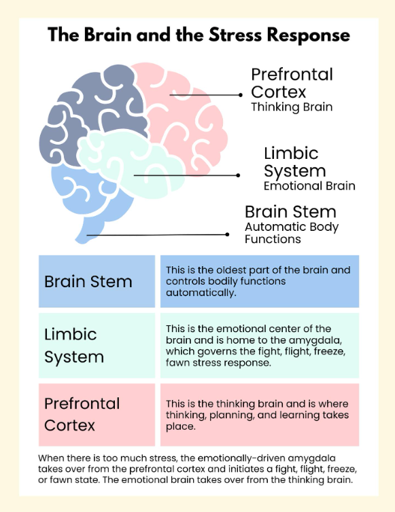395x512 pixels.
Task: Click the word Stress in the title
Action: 235,35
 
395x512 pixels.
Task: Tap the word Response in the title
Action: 309,35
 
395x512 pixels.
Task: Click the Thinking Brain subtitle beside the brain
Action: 292,107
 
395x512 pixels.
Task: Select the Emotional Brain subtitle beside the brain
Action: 309,186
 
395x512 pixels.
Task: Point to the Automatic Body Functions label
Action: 292,233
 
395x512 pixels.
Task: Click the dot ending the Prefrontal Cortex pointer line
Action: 241,95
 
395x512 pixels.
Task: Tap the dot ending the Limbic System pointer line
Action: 238,175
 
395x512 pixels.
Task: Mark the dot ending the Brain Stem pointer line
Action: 227,234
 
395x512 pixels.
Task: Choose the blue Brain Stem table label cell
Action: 97,281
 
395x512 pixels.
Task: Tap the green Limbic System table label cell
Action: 97,346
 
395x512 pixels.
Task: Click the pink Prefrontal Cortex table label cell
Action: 97,415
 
